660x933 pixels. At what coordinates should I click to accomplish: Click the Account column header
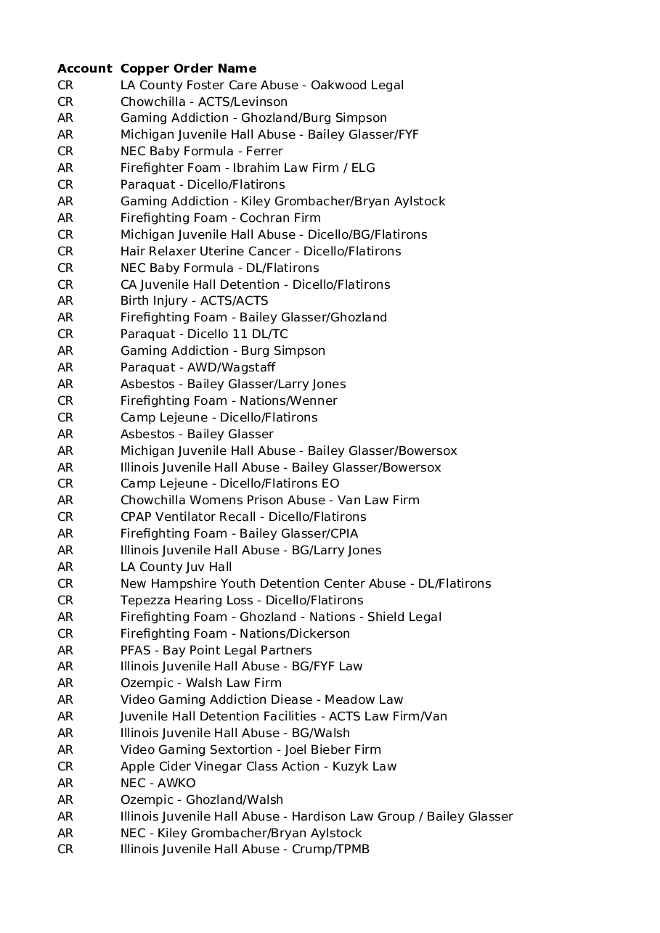(x=84, y=69)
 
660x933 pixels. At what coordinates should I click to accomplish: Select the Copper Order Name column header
(x=188, y=69)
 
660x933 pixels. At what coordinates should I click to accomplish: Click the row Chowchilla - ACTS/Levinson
(x=203, y=102)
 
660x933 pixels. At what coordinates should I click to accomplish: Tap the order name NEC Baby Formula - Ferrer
(x=201, y=152)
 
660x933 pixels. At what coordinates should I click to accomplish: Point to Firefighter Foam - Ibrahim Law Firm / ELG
(x=248, y=168)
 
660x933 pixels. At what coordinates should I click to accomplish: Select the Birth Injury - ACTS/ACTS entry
(x=194, y=301)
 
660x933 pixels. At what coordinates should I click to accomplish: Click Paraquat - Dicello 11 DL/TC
(x=203, y=334)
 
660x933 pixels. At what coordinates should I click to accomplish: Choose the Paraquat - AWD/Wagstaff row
(x=197, y=368)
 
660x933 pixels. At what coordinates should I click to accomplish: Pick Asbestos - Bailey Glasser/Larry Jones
(x=233, y=385)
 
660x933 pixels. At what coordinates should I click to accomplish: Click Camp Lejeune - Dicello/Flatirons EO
(x=229, y=484)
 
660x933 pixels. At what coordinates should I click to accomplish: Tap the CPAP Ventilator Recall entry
(x=243, y=517)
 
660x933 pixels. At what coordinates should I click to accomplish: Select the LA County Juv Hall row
(x=176, y=567)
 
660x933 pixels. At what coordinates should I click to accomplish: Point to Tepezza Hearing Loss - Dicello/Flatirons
(x=242, y=601)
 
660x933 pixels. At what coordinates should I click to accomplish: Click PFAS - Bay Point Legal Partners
(x=216, y=651)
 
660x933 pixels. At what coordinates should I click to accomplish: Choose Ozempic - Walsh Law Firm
(x=200, y=683)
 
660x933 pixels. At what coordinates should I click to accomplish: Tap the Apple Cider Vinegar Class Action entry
(x=258, y=767)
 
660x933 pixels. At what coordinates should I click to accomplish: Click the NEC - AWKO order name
(x=158, y=784)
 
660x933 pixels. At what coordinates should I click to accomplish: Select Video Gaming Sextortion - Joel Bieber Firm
(x=250, y=750)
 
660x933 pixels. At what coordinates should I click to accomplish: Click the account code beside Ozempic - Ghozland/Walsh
(x=65, y=800)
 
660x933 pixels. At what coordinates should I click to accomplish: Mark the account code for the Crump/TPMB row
(x=65, y=850)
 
